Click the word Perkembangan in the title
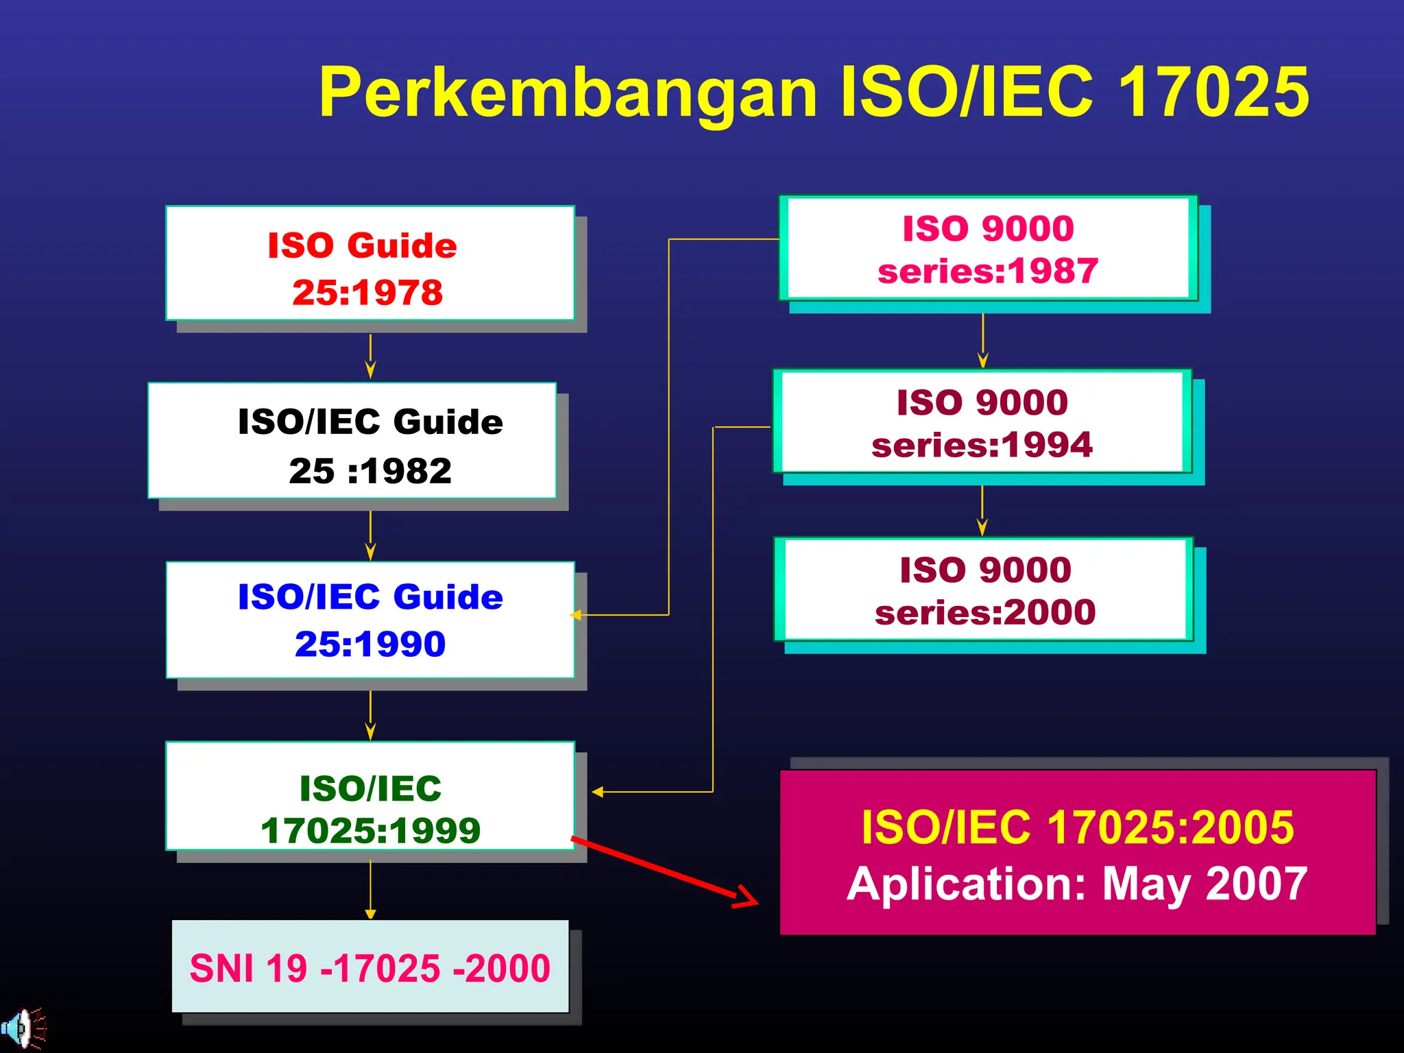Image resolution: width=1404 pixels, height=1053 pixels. point(568,93)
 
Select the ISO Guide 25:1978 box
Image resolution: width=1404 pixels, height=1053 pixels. point(370,263)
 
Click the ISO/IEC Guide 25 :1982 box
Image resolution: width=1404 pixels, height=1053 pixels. point(352,441)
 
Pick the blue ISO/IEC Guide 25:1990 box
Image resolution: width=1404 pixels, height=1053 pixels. point(370,620)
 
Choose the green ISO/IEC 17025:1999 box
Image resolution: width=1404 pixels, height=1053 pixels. point(370,796)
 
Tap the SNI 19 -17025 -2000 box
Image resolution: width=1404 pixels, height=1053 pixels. point(370,967)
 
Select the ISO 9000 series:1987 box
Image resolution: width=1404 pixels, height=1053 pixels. point(988,249)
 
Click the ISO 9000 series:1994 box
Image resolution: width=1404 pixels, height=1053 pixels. point(982,422)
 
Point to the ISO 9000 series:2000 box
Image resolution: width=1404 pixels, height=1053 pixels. point(984,590)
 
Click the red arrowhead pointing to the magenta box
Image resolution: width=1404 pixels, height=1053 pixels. point(747,897)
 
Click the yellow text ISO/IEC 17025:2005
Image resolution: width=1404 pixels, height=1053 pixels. point(1077,827)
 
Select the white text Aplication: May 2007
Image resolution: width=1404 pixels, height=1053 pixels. point(1077,884)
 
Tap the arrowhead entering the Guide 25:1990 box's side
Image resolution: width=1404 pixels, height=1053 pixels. point(577,615)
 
